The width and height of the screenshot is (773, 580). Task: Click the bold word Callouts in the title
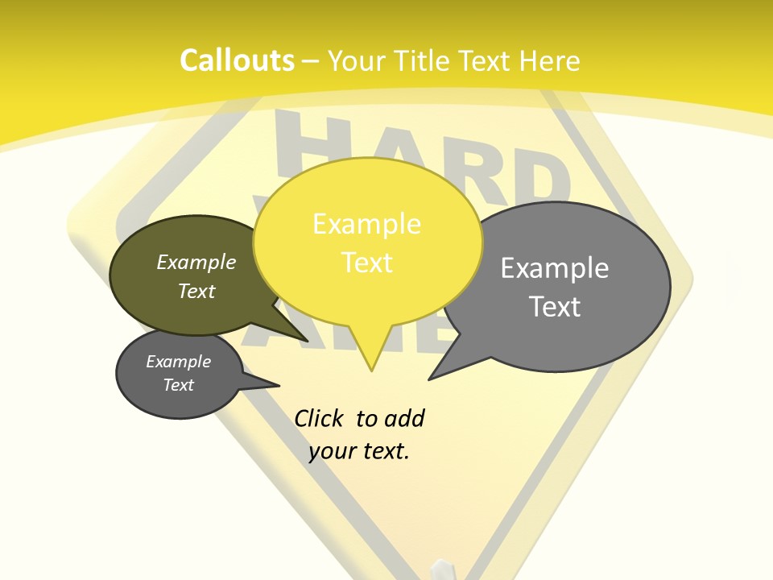click(x=237, y=61)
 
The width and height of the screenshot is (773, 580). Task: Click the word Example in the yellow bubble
click(x=366, y=224)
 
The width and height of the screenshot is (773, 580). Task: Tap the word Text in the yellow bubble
click(x=367, y=263)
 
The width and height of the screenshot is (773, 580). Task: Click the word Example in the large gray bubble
click(x=555, y=268)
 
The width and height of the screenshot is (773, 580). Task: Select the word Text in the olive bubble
click(x=196, y=291)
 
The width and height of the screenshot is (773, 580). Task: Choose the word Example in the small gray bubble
click(x=179, y=362)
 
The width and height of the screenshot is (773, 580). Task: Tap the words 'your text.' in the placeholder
click(x=359, y=451)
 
